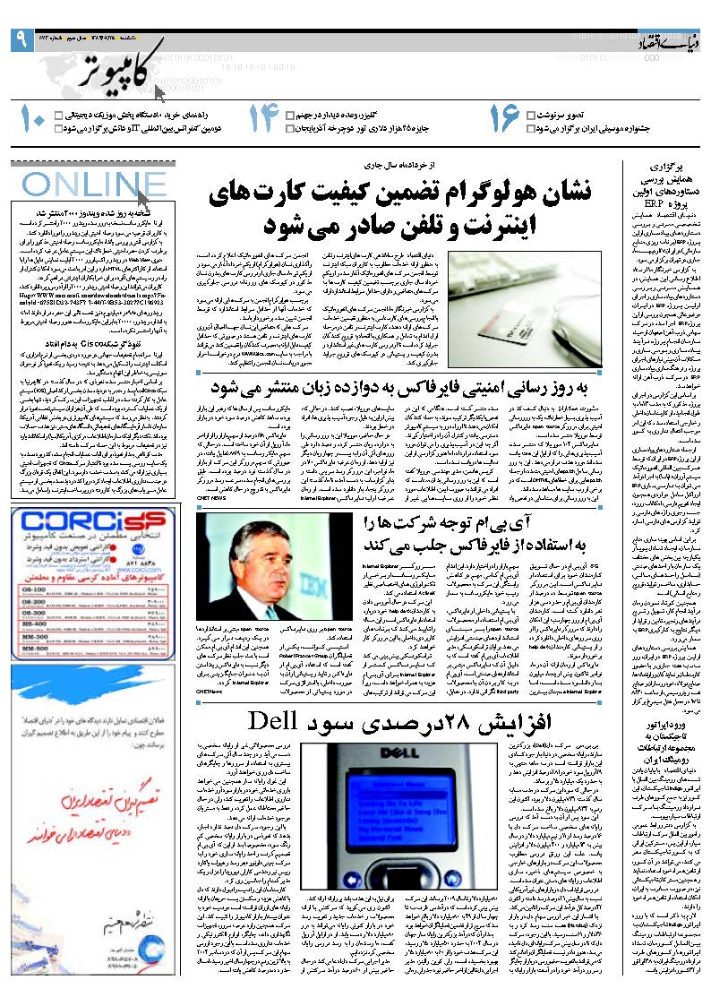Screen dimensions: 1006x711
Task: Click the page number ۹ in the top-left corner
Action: point(20,39)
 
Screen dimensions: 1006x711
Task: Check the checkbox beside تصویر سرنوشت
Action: point(531,116)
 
